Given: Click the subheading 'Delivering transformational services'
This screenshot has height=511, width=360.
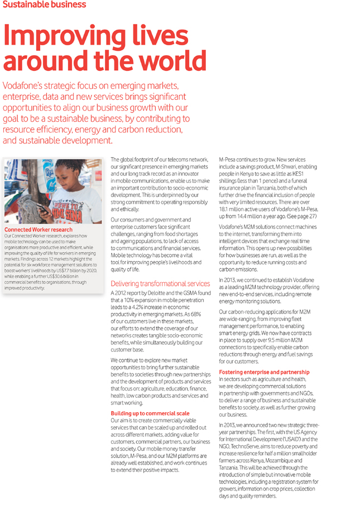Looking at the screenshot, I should click(160, 283).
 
